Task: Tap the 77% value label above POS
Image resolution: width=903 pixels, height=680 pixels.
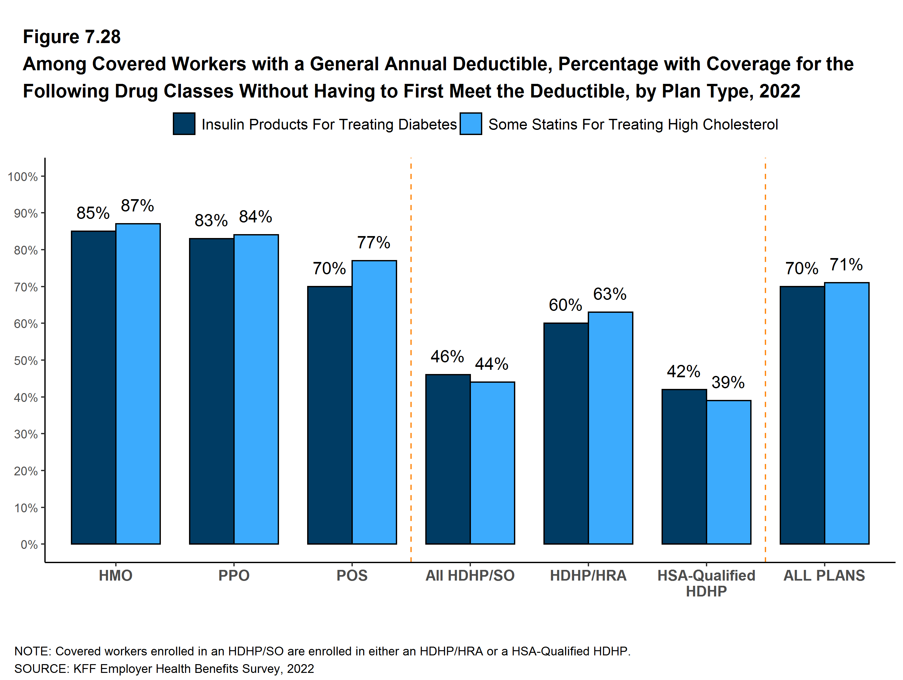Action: pos(373,243)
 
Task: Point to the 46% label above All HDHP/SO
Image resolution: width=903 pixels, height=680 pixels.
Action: pos(447,357)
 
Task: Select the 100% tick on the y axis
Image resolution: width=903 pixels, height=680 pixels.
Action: pos(23,177)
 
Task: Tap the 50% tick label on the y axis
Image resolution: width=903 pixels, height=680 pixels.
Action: pos(26,361)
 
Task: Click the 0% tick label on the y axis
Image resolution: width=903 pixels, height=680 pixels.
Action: pos(29,544)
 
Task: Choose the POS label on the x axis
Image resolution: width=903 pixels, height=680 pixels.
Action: pos(352,575)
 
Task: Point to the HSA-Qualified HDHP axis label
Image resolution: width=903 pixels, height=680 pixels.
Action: pos(706,583)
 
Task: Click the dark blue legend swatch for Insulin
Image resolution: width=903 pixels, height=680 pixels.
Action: pos(184,124)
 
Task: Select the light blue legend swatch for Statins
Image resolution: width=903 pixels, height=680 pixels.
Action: pos(470,124)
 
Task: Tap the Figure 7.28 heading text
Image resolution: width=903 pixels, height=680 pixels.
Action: pos(72,37)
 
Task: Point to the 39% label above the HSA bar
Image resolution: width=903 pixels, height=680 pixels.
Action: pos(728,383)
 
